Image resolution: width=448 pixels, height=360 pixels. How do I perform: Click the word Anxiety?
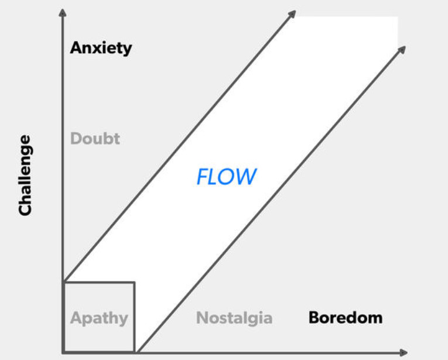101,48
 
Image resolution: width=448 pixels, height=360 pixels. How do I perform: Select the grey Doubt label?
95,139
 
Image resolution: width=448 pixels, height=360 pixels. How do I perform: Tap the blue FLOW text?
227,176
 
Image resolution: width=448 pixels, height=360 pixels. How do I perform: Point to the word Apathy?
99,318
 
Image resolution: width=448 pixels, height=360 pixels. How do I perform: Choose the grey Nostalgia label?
234,318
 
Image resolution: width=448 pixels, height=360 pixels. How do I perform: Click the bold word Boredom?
345,318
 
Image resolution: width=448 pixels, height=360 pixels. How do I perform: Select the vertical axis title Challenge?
25,175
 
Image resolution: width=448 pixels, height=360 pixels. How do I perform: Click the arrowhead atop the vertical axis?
62,11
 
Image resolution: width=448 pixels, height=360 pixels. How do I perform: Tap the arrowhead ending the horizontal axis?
403,352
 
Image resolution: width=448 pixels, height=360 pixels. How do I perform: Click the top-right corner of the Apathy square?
135,283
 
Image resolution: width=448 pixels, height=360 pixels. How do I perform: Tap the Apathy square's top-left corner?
63,283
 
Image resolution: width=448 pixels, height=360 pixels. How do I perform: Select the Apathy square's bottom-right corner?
135,352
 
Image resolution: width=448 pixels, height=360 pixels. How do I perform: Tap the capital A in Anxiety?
76,48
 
